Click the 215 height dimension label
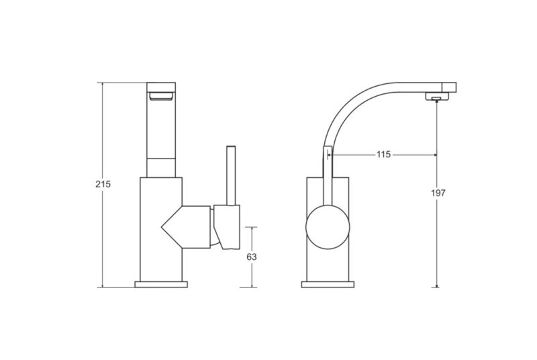click(x=103, y=184)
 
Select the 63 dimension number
click(x=251, y=257)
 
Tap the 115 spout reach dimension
click(x=383, y=154)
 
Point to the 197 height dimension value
click(x=438, y=193)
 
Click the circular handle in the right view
click(x=328, y=227)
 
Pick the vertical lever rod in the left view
click(x=231, y=176)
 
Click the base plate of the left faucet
click(x=161, y=284)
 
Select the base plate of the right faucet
click(x=328, y=284)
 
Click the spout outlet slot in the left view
click(x=161, y=97)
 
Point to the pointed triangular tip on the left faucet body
click(x=162, y=226)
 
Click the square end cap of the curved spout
click(x=448, y=87)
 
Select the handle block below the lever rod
click(x=226, y=227)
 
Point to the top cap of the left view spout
click(x=161, y=87)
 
